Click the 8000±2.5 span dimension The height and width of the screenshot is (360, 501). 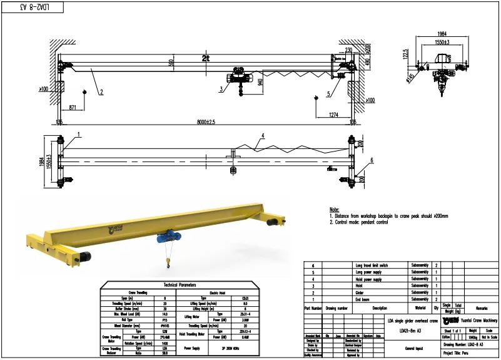point(206,121)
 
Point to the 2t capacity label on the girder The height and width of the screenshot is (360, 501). point(205,58)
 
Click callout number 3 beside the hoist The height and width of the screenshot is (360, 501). point(221,90)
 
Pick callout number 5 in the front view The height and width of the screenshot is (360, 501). point(328,95)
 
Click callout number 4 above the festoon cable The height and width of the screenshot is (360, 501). point(263,135)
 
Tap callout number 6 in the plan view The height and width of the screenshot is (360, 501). point(371,160)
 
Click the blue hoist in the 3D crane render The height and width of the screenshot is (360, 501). point(166,237)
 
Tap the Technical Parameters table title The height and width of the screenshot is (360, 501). point(180,285)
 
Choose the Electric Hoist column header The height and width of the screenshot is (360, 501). point(216,292)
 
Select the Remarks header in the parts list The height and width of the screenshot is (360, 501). point(481,308)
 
